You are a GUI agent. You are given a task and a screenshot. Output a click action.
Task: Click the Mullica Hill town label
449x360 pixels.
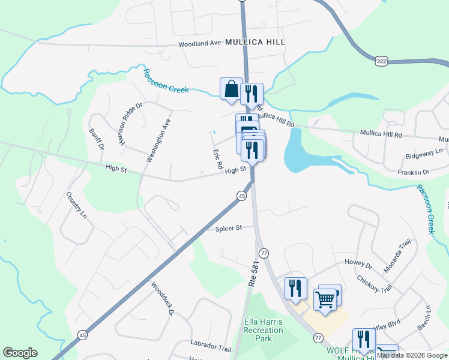coord(255,42)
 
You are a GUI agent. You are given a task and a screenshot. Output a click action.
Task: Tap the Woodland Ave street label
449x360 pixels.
coord(200,44)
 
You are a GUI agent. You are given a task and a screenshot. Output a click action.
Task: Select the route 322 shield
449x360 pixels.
coord(381,61)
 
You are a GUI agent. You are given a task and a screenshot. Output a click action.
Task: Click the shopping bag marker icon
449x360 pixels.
coord(231,89)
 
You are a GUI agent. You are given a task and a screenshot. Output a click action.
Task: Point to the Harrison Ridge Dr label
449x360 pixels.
coord(130,124)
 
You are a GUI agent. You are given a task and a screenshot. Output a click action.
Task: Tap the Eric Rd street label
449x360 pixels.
coord(217,159)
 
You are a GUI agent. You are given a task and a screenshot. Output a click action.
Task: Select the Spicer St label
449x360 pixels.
coord(228,228)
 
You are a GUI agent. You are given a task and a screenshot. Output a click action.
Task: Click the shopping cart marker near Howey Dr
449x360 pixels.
coord(325,299)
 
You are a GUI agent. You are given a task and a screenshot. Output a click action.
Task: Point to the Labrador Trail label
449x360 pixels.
coord(211,348)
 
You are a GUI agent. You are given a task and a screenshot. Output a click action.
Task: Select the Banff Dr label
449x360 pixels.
coord(97,139)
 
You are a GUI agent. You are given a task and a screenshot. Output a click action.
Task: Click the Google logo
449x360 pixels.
coord(20,353)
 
